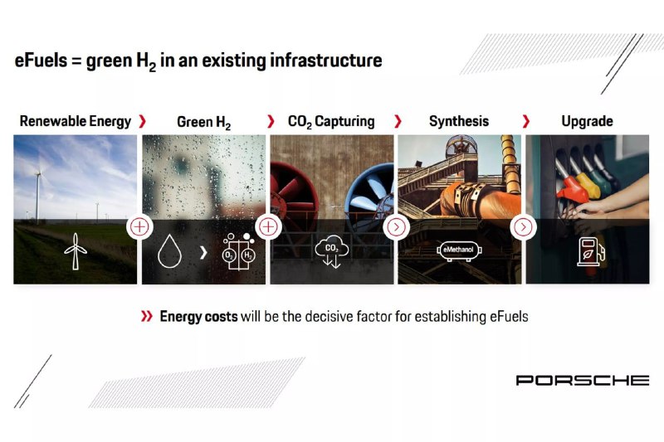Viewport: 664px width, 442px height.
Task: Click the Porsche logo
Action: (x=583, y=381)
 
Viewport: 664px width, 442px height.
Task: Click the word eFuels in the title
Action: (x=41, y=60)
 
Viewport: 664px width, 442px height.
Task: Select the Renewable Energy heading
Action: (x=76, y=121)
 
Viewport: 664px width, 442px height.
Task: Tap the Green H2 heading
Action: (x=203, y=122)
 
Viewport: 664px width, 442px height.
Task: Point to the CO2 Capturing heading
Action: (x=331, y=122)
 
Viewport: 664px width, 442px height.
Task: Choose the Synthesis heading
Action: (x=459, y=121)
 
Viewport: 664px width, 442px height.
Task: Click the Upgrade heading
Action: (x=587, y=121)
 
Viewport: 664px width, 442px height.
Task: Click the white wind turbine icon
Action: (x=76, y=251)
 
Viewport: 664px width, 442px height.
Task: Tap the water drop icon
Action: (x=169, y=251)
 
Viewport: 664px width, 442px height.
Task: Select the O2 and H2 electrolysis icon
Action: (x=238, y=251)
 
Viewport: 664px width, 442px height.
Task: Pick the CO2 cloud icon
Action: (x=331, y=251)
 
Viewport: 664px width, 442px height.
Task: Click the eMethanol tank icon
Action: (x=459, y=250)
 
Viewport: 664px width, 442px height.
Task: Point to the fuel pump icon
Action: (x=591, y=251)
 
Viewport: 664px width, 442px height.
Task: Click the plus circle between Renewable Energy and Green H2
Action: (x=139, y=227)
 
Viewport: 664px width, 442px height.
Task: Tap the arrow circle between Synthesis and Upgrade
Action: (x=524, y=227)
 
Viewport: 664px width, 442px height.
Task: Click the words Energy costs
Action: (x=198, y=317)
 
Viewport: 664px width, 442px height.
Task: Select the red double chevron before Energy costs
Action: (x=147, y=316)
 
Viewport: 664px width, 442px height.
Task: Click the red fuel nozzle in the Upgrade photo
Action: (x=572, y=190)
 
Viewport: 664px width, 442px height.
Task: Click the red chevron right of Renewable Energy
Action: (x=143, y=121)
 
